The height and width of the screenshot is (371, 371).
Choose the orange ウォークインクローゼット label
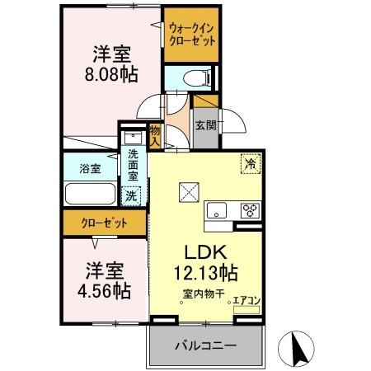click(191, 35)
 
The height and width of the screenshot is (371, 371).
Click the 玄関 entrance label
click(206, 125)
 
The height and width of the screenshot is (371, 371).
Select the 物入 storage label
click(155, 134)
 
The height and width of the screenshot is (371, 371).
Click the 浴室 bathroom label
click(91, 168)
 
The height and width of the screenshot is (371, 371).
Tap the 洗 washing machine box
click(130, 196)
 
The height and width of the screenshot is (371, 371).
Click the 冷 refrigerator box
click(249, 163)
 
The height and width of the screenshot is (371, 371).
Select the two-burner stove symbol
click(250, 210)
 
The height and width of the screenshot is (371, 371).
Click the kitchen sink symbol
click(217, 210)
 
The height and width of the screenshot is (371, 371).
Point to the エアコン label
click(247, 301)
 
